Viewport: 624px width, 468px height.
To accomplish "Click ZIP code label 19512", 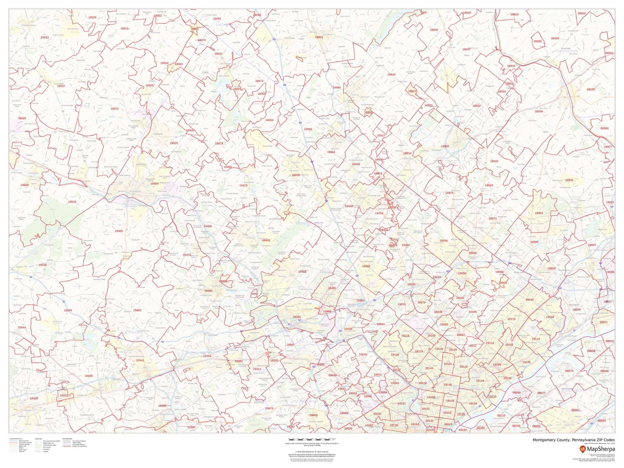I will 114,109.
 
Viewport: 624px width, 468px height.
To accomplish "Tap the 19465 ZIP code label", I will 119,231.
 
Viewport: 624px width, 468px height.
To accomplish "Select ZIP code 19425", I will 137,310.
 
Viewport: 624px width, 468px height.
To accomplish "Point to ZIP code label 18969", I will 308,129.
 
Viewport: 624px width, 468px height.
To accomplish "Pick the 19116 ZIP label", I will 530,300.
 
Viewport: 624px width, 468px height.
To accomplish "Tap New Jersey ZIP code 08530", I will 591,89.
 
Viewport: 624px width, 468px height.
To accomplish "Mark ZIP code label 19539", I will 92,18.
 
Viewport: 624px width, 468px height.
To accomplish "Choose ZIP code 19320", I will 34,398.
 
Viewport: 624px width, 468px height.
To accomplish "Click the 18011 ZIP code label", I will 124,28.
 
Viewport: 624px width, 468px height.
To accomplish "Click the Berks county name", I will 83,106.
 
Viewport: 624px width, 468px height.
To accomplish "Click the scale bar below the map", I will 312,439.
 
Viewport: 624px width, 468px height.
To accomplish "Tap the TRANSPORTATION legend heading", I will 15,439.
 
